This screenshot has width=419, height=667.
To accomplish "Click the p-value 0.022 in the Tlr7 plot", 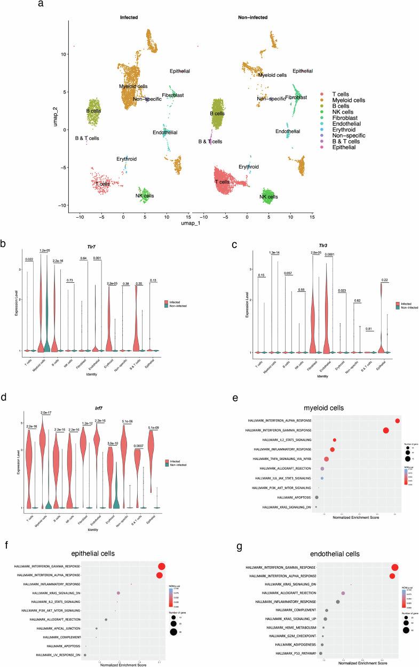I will (30, 260).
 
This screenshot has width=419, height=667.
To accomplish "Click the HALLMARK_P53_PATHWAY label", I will (296, 653).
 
